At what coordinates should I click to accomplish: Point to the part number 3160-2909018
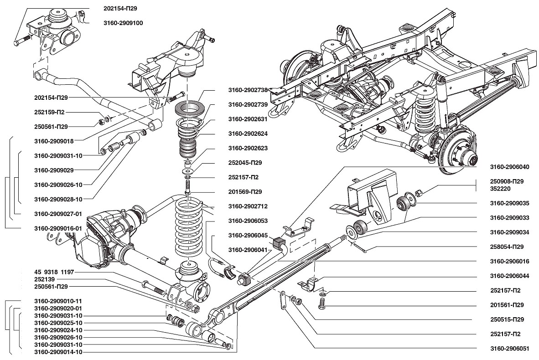pos(54,141)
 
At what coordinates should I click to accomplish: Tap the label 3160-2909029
pos(54,170)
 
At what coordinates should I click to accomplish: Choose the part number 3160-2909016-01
pos(58,228)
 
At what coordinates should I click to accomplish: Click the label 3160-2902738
pos(248,90)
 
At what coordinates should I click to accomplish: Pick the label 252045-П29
pos(245,163)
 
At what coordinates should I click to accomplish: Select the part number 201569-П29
pos(245,192)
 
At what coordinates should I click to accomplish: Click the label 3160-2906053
pos(248,221)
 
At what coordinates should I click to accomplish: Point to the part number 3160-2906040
pos(509,167)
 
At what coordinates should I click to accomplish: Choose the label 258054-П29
pos(507,247)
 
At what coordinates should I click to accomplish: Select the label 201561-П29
pos(507,305)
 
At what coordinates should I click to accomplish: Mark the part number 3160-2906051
pos(509,349)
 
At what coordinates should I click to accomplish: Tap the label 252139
pos(44,279)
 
